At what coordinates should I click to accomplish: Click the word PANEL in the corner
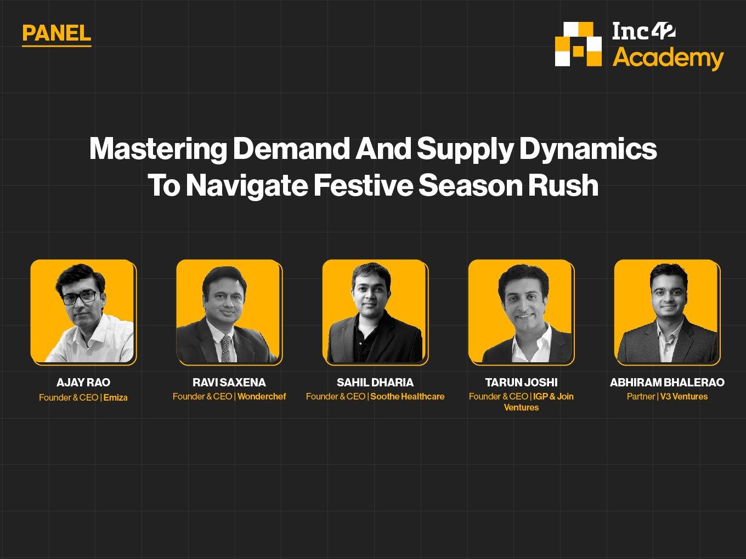56,33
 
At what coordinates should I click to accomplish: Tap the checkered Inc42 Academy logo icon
578,44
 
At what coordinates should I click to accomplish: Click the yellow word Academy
668,59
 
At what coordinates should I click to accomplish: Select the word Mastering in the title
158,149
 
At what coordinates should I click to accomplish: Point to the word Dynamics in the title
588,149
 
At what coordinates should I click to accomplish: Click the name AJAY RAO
83,383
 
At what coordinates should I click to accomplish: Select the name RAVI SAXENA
229,383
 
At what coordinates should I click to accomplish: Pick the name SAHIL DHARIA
375,383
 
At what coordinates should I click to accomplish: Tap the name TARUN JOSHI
521,383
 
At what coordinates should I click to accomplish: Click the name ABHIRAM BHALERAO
667,383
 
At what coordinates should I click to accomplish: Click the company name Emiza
116,397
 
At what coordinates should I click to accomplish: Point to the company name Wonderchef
262,396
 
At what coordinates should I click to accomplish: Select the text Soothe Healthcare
408,396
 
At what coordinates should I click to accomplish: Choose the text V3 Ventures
684,396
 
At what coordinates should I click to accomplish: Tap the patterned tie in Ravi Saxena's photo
226,348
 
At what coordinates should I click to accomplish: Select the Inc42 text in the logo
644,31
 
